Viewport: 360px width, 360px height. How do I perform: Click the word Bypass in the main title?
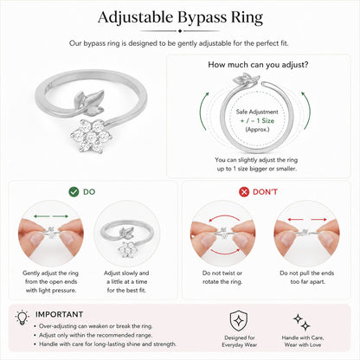tap(202, 18)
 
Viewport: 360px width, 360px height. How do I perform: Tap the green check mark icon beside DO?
tap(74, 192)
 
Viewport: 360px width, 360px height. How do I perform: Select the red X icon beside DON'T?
tap(244, 192)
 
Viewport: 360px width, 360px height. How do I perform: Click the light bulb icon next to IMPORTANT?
tap(22, 318)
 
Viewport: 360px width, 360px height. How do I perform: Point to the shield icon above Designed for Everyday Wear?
tap(239, 321)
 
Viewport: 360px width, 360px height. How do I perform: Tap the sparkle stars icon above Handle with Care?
tap(302, 322)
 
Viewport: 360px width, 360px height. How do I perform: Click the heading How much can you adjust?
tap(258, 65)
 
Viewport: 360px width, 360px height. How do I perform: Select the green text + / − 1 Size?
tap(257, 120)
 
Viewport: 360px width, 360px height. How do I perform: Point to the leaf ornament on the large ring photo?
tap(88, 102)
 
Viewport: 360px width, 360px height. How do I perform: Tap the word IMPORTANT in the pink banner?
tap(59, 314)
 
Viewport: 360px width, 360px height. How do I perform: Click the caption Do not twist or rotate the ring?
tap(222, 277)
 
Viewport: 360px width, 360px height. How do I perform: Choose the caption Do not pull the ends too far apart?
tap(307, 277)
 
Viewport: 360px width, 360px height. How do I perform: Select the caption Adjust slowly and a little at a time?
tap(126, 281)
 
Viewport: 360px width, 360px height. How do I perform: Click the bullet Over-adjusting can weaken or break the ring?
tap(95, 326)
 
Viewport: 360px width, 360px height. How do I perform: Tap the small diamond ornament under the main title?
tap(180, 31)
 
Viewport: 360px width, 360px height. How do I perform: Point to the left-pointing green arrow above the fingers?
tap(42, 216)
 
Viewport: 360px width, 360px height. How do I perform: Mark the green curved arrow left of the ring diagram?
tap(203, 111)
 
